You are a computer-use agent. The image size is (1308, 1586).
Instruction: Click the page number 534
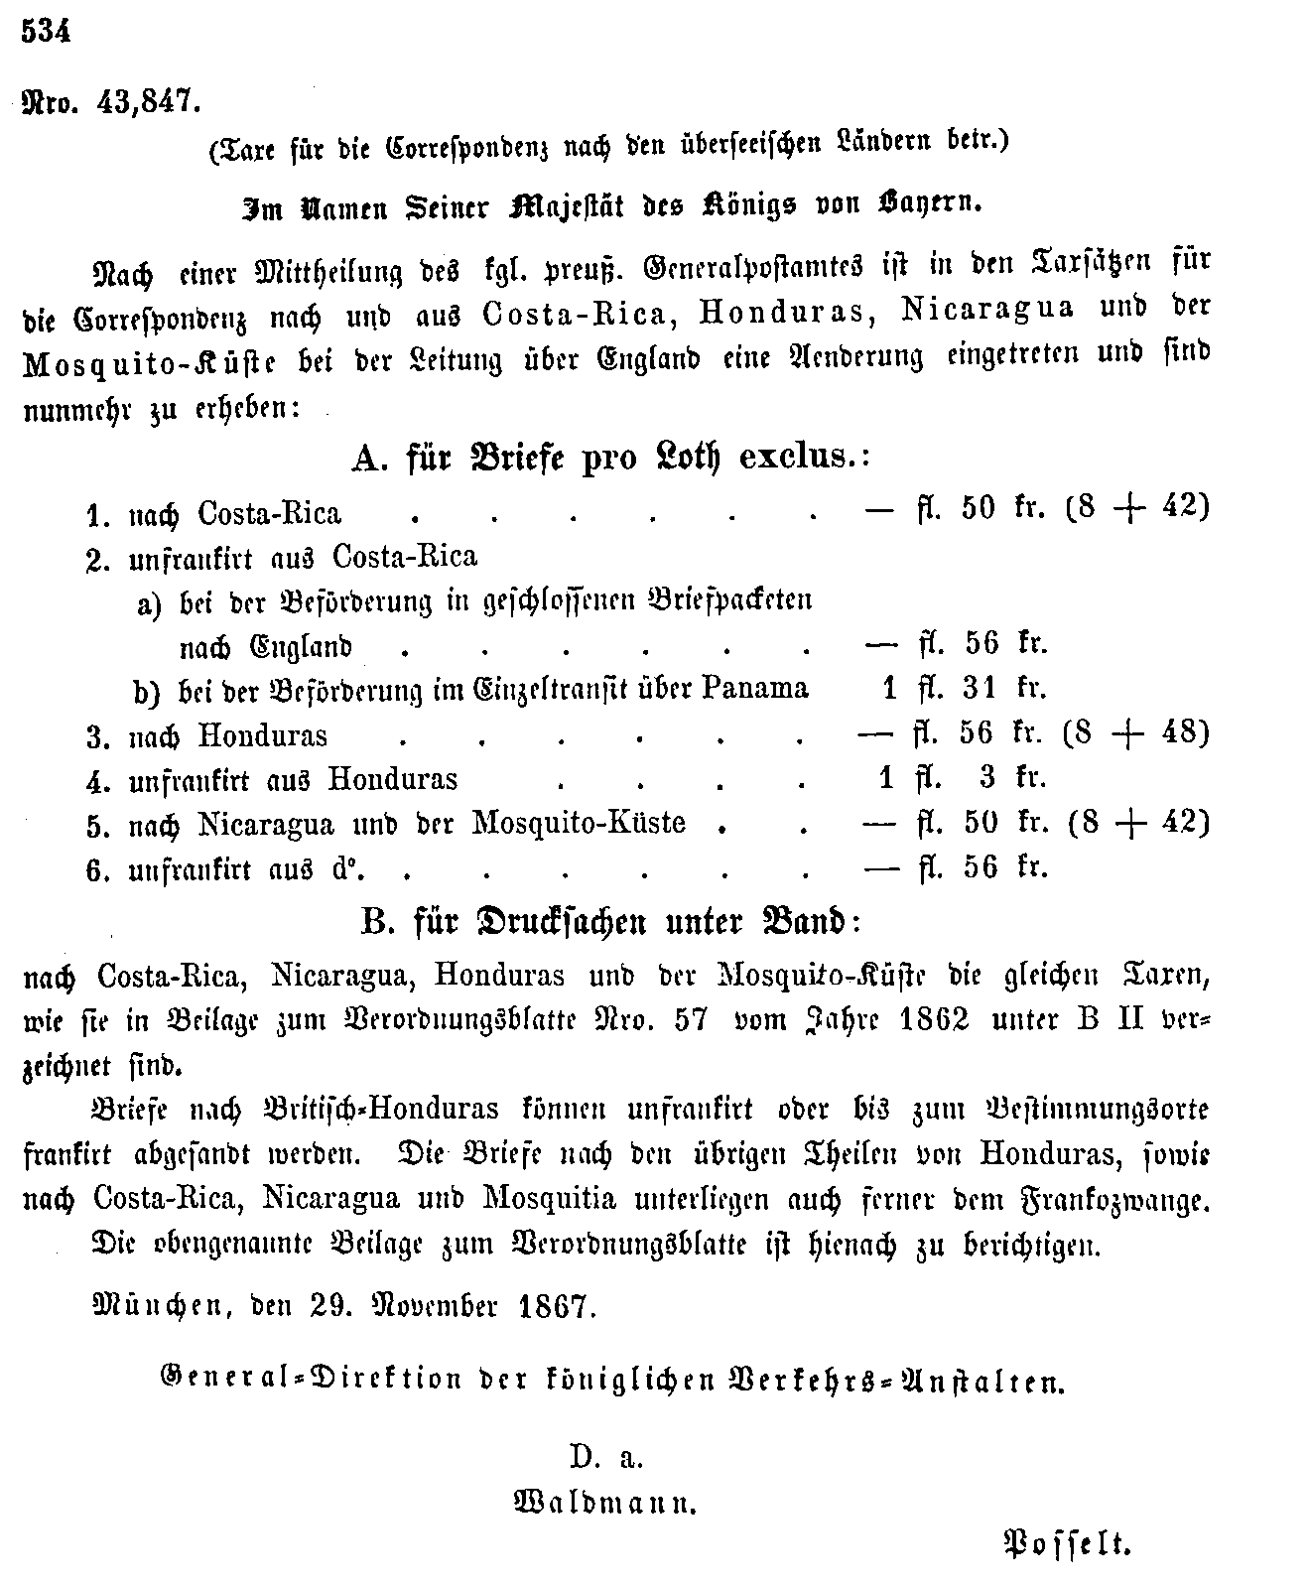tap(47, 32)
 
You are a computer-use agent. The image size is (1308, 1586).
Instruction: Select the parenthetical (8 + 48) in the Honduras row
tap(1135, 733)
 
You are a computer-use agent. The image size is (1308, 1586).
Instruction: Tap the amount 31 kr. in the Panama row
tap(1004, 689)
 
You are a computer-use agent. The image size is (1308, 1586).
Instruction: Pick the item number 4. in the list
tap(97, 780)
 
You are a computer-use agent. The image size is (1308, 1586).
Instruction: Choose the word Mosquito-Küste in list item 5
tap(579, 823)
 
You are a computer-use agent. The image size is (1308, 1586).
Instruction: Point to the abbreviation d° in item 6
tap(344, 869)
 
